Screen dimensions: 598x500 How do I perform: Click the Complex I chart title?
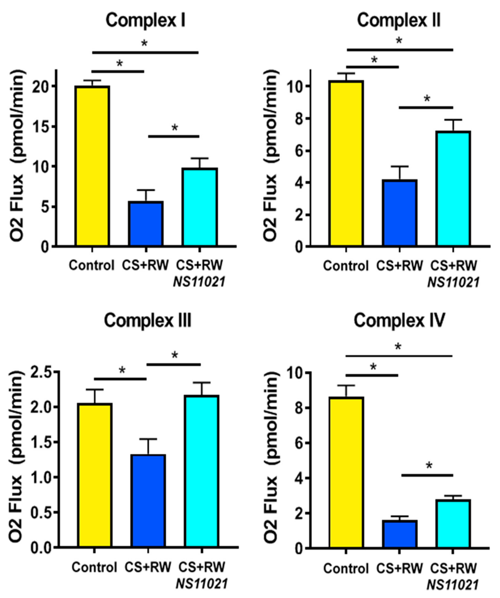145,21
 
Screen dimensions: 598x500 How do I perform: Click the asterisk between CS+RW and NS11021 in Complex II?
427,99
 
